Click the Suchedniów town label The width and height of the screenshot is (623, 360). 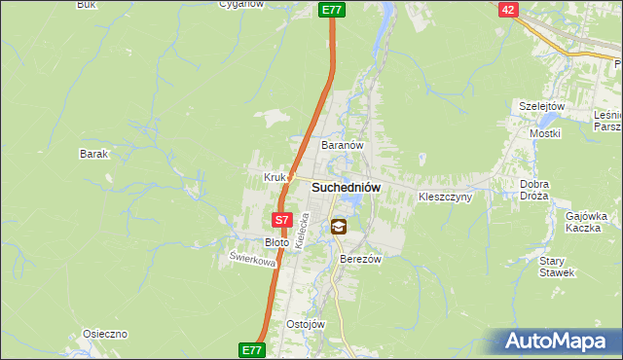click(x=346, y=187)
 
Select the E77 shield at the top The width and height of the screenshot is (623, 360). click(x=332, y=10)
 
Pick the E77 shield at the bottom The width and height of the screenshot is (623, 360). click(x=251, y=348)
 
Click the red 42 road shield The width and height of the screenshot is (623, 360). click(x=508, y=9)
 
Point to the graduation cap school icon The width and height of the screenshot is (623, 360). click(x=338, y=227)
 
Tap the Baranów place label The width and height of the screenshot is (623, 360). click(x=343, y=145)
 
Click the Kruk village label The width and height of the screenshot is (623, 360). click(x=274, y=177)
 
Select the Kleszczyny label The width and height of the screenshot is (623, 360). click(x=445, y=197)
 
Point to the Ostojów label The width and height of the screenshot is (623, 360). click(x=305, y=324)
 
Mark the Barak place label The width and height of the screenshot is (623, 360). click(x=93, y=154)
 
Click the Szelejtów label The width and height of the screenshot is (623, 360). click(x=542, y=106)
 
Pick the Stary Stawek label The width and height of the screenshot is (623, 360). click(x=552, y=267)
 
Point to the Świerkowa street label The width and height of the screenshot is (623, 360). click(x=252, y=260)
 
